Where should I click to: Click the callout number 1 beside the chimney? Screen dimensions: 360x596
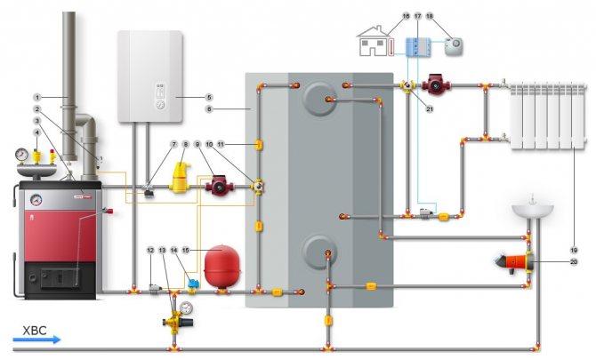(38, 96)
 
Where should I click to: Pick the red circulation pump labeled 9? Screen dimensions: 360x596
(218, 187)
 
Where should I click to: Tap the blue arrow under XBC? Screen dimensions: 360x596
(35, 339)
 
